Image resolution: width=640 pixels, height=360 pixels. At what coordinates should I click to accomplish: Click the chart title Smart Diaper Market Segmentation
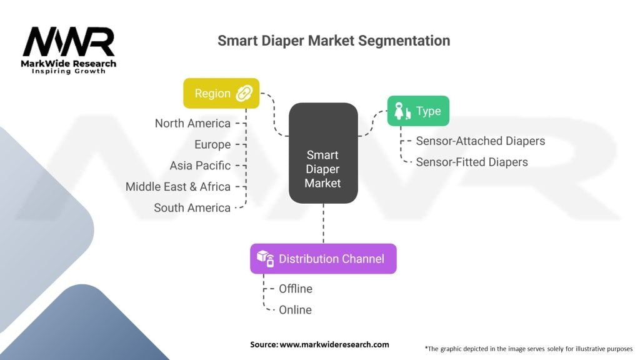pyautogui.click(x=333, y=41)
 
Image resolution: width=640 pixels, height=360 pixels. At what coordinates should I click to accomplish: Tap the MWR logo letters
pyautogui.click(x=69, y=42)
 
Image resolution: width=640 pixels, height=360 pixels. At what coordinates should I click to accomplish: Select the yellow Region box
pyautogui.click(x=221, y=94)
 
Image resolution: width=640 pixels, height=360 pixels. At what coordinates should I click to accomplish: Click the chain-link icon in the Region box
pyautogui.click(x=242, y=94)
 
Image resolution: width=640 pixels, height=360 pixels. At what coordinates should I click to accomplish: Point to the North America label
pyautogui.click(x=192, y=123)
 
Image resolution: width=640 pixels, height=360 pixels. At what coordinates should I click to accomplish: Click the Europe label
pyautogui.click(x=212, y=144)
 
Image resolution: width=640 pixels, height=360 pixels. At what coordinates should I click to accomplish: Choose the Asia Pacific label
pyautogui.click(x=200, y=166)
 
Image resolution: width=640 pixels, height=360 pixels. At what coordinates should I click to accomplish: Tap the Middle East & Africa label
pyautogui.click(x=178, y=186)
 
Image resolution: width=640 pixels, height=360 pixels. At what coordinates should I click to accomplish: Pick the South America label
pyautogui.click(x=192, y=207)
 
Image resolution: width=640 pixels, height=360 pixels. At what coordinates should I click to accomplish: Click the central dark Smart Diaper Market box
pyautogui.click(x=323, y=152)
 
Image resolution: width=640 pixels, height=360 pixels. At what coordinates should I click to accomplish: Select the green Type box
pyautogui.click(x=417, y=111)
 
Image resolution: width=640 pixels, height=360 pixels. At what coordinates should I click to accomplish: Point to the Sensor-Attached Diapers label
pyautogui.click(x=481, y=141)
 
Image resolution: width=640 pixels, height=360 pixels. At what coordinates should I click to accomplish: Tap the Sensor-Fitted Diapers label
pyautogui.click(x=472, y=162)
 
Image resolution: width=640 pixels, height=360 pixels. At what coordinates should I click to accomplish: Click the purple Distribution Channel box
pyautogui.click(x=323, y=259)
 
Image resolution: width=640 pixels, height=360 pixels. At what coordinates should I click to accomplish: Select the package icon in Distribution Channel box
pyautogui.click(x=266, y=259)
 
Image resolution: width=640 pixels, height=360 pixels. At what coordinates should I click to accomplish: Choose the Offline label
pyautogui.click(x=296, y=289)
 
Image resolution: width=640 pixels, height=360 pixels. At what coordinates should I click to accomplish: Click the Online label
pyautogui.click(x=295, y=309)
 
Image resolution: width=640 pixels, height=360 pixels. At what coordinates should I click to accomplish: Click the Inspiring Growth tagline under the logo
pyautogui.click(x=69, y=71)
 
